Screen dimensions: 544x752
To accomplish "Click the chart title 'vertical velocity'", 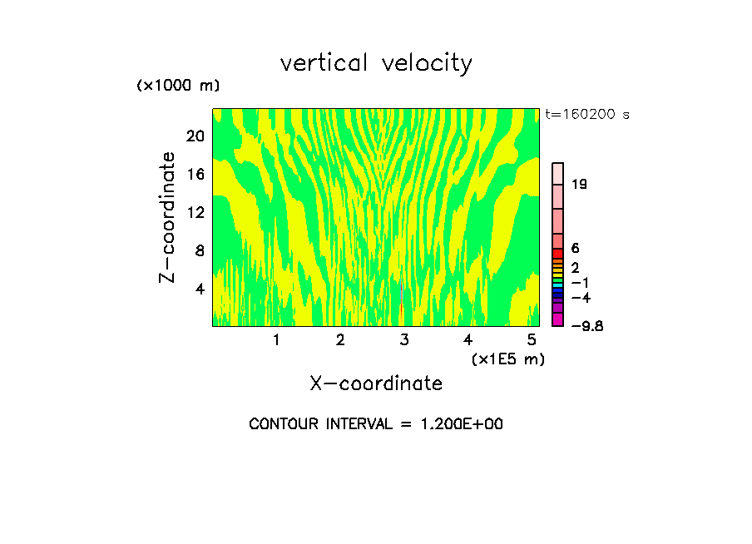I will pyautogui.click(x=376, y=63).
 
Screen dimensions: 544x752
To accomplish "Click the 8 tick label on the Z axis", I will pyautogui.click(x=200, y=250).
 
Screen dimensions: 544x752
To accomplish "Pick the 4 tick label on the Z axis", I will pyautogui.click(x=200, y=289).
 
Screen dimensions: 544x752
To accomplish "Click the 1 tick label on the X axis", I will pyautogui.click(x=275, y=339).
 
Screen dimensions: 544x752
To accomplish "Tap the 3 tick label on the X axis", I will pyautogui.click(x=403, y=339).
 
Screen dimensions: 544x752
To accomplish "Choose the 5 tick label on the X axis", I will pyautogui.click(x=532, y=339).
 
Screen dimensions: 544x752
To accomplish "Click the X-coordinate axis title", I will pyautogui.click(x=376, y=383).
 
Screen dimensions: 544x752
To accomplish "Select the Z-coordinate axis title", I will pyautogui.click(x=168, y=217).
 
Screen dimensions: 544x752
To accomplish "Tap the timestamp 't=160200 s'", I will pyautogui.click(x=587, y=114).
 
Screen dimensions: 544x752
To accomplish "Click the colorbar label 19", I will pyautogui.click(x=580, y=184).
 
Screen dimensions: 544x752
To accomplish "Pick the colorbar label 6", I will pyautogui.click(x=576, y=248).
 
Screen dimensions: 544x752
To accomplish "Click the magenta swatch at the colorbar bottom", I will pyautogui.click(x=558, y=319).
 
